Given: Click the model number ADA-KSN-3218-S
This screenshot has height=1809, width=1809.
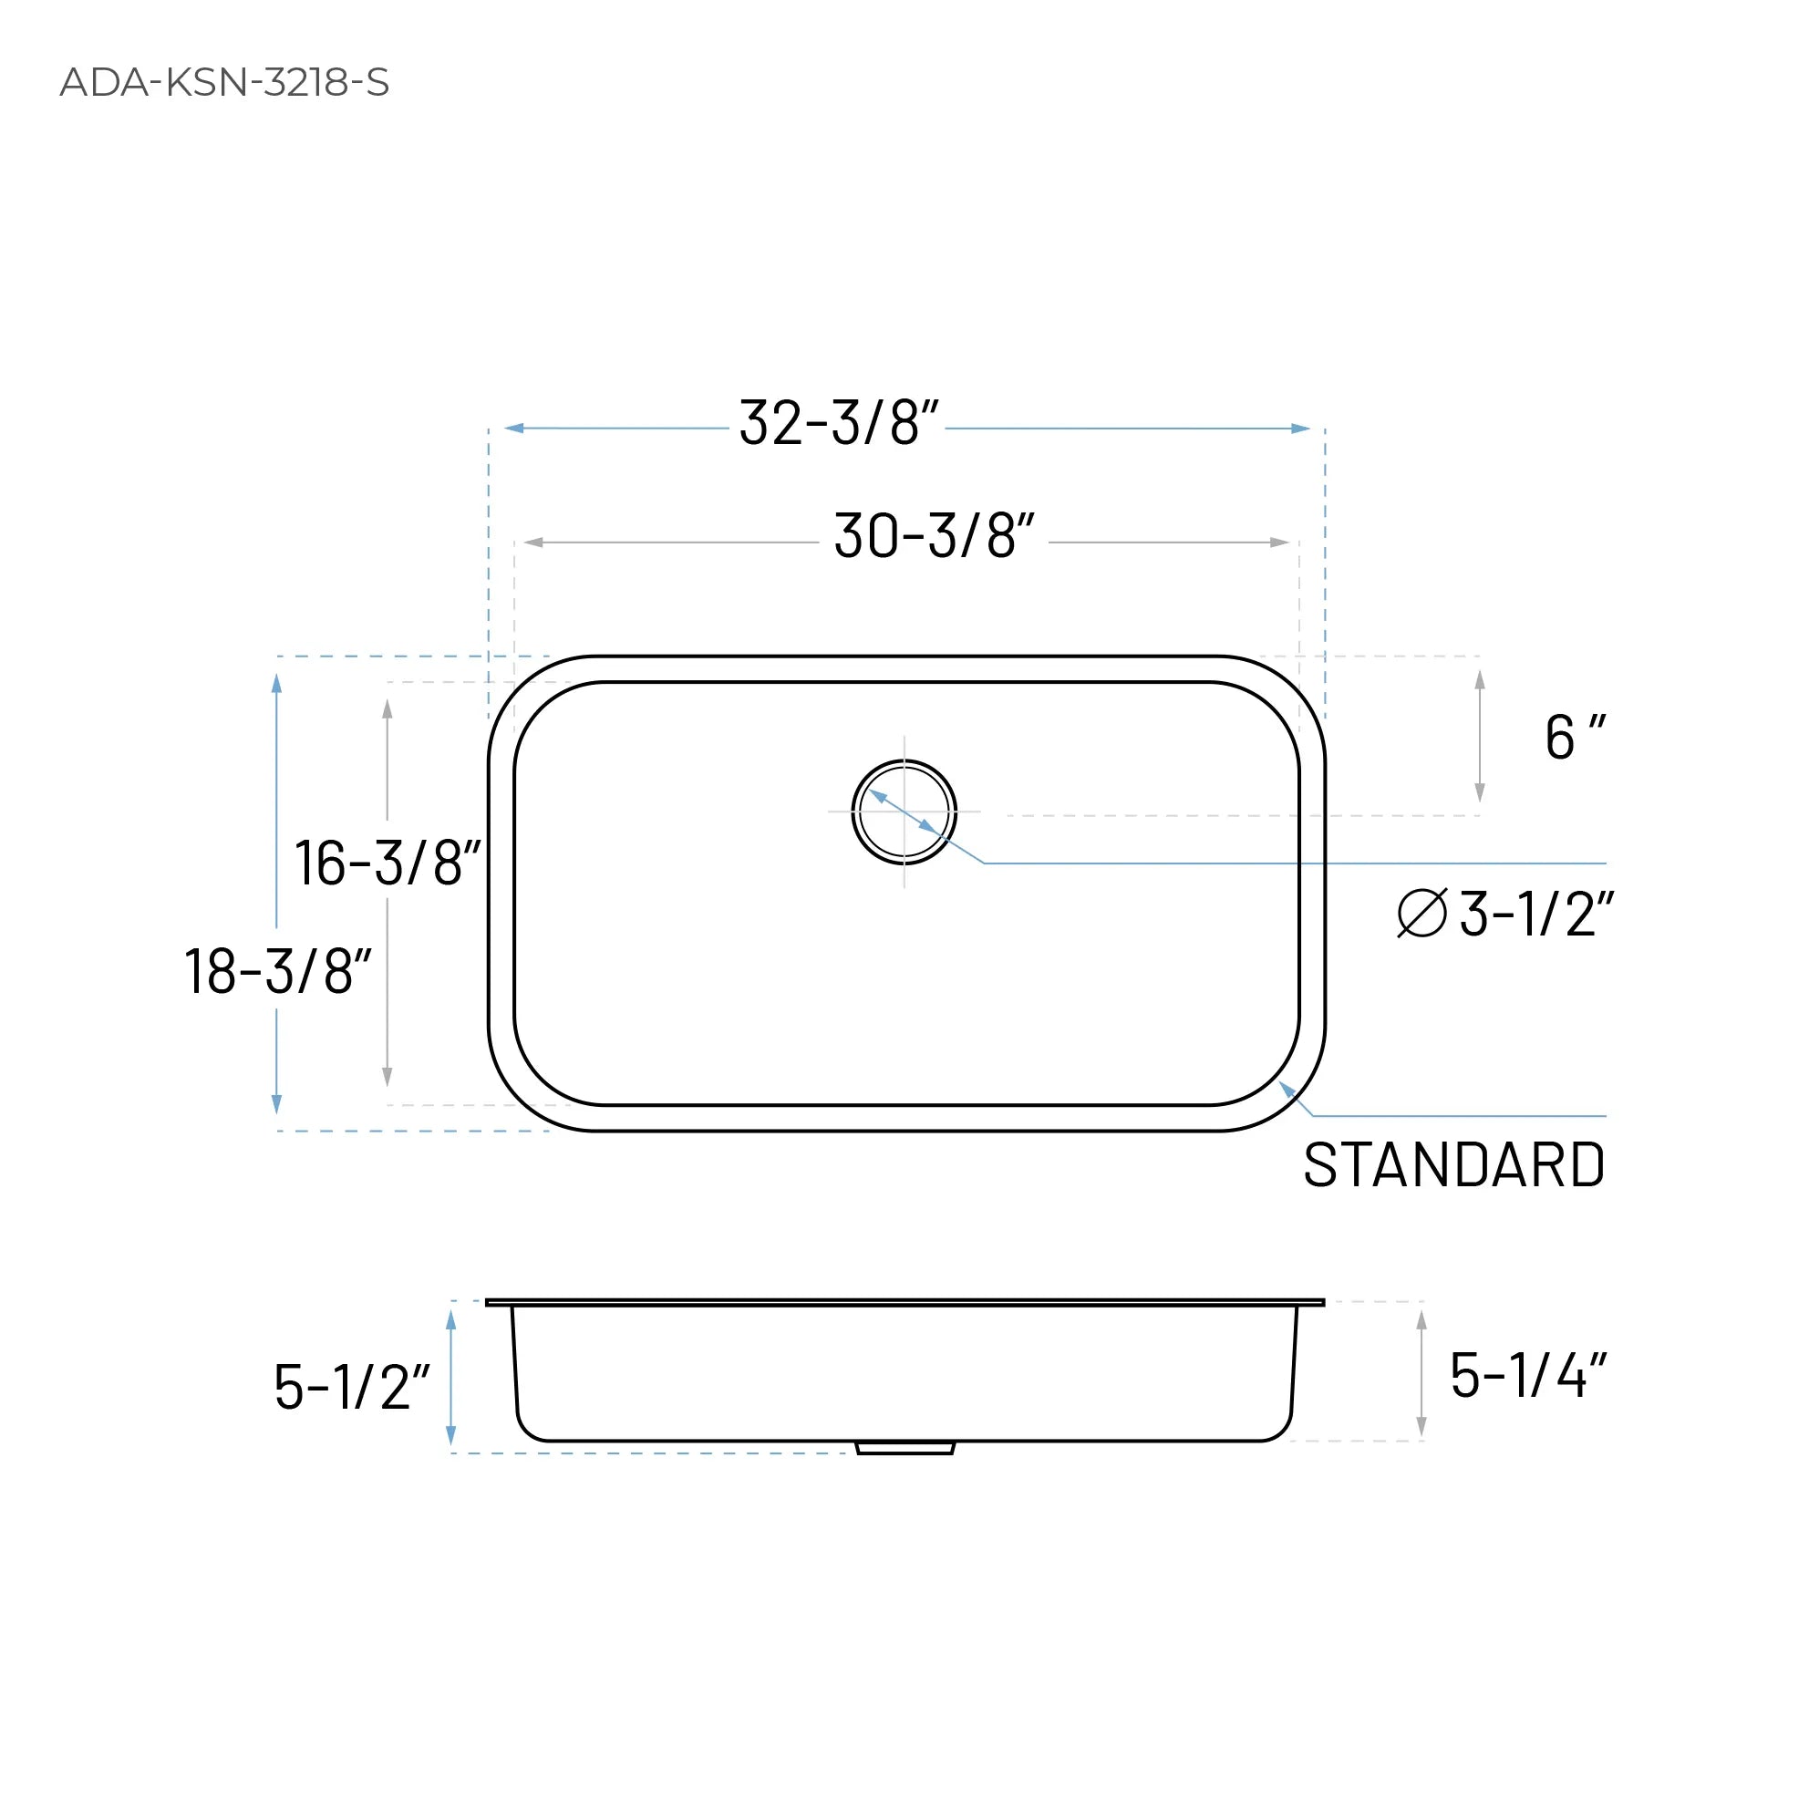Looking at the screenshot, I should click(x=223, y=82).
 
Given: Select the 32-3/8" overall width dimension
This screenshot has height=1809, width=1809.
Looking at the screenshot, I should click(x=838, y=423).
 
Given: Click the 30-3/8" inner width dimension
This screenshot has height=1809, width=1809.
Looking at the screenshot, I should click(x=934, y=536).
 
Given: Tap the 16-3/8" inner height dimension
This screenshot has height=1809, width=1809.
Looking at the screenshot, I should click(x=387, y=863).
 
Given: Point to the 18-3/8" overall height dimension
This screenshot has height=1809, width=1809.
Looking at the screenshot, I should click(x=277, y=971).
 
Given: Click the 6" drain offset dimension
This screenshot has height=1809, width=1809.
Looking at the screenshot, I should click(x=1574, y=738).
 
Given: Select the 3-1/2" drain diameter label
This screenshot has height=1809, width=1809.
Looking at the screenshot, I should click(x=1535, y=914).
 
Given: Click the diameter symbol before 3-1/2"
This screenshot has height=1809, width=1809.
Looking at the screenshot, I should click(x=1421, y=913).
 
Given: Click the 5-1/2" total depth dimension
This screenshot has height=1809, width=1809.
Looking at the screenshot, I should click(x=351, y=1387).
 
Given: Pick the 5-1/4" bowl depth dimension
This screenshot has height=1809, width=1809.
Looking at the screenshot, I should click(x=1527, y=1376).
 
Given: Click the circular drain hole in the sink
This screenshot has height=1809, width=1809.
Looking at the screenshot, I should click(x=904, y=811).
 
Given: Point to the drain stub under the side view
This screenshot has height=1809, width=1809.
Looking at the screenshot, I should click(x=904, y=1448).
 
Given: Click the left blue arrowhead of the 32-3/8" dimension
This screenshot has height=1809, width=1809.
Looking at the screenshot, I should click(x=514, y=428).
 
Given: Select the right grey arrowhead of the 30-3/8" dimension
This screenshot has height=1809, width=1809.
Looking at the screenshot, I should click(x=1279, y=543).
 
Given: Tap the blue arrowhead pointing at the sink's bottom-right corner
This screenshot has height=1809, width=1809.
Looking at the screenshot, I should click(x=1287, y=1088).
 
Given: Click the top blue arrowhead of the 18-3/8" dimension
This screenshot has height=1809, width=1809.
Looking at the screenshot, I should click(x=276, y=684).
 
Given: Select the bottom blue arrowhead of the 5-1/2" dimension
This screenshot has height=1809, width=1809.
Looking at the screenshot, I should click(x=450, y=1435).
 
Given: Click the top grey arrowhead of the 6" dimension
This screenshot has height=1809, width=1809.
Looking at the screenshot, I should click(x=1480, y=680).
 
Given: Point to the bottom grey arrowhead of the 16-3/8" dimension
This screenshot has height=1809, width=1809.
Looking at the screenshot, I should click(x=387, y=1077).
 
